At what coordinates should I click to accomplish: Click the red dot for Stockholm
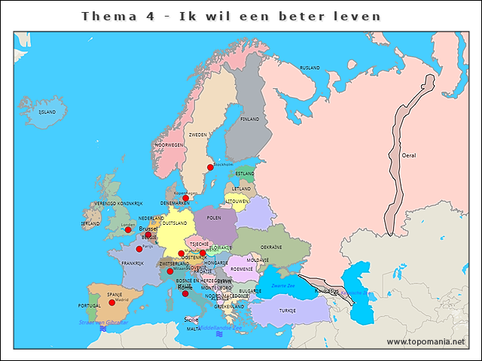coord(210,168)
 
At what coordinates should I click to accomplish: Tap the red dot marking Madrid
coord(112,302)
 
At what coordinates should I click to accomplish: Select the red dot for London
coord(128,230)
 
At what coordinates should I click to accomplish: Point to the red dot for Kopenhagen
coord(186,198)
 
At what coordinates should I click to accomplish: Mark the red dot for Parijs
coord(139,248)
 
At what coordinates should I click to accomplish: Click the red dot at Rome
coord(185,293)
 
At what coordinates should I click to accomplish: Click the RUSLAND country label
coord(310,68)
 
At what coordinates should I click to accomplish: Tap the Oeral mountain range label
coord(409,156)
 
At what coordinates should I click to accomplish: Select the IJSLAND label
coord(47,112)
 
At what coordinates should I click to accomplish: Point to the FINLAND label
coord(249,119)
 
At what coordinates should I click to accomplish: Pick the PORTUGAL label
coord(89,306)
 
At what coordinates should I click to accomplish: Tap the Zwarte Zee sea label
coord(283,286)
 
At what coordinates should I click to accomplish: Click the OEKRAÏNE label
coord(271,247)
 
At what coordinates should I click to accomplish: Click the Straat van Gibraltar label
coord(103,322)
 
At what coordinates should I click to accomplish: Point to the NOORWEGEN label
coord(169,144)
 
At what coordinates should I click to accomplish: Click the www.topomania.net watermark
coord(426,341)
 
